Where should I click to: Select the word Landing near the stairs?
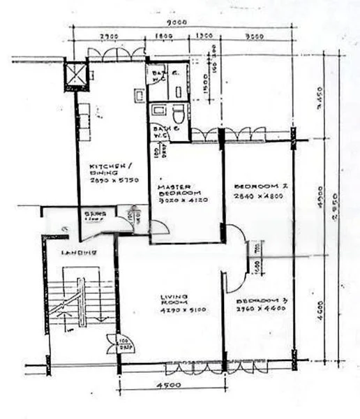[x=77, y=251]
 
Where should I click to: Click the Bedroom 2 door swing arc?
[x=234, y=242]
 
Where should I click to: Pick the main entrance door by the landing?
[x=114, y=344]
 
